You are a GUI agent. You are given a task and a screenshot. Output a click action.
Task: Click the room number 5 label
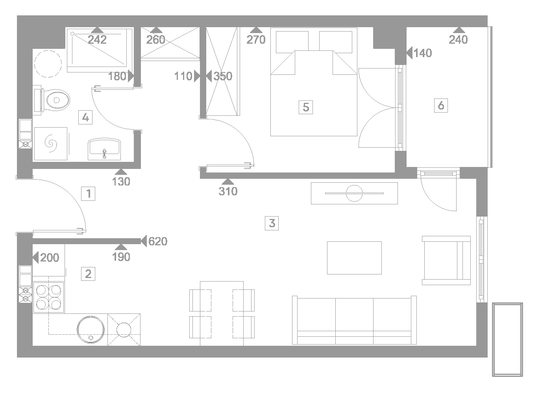pyautogui.click(x=306, y=107)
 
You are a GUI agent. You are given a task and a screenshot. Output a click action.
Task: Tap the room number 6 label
pyautogui.click(x=441, y=106)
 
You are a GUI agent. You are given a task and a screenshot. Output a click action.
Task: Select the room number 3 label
pyautogui.click(x=272, y=223)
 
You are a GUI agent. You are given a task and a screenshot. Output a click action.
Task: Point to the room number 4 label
pyautogui.click(x=85, y=117)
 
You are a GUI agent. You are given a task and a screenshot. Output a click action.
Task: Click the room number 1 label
pyautogui.click(x=88, y=194)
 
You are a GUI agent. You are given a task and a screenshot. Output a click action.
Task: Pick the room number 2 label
pyautogui.click(x=88, y=274)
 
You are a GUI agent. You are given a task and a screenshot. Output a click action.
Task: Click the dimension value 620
pyautogui.click(x=158, y=241)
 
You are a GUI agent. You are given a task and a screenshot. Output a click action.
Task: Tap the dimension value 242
pyautogui.click(x=97, y=40)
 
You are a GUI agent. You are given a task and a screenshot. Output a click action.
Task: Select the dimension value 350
pyautogui.click(x=223, y=76)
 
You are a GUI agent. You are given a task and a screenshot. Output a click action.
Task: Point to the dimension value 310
pyautogui.click(x=228, y=191)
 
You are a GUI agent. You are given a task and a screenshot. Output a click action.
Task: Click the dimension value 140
pyautogui.click(x=423, y=53)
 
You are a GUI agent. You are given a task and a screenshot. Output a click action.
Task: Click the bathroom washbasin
pyautogui.click(x=104, y=149)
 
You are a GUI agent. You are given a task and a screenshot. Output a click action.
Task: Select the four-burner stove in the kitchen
pyautogui.click(x=48, y=297)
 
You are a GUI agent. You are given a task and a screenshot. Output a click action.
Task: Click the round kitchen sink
pyautogui.click(x=91, y=330)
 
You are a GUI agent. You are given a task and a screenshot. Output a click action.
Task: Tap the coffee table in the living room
pyautogui.click(x=354, y=258)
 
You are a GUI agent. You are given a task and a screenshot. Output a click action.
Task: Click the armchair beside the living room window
pyautogui.click(x=446, y=260)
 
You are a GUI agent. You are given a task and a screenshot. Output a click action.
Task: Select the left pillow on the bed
pyautogui.click(x=292, y=42)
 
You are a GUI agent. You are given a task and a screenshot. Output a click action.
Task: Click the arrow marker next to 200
pyautogui.click(x=35, y=258)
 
